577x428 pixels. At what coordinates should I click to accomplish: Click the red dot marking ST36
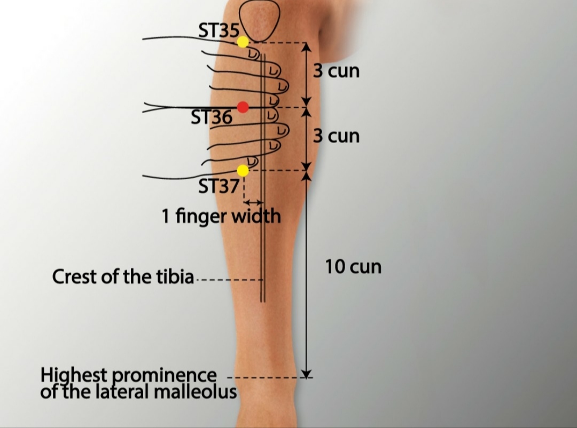(x=243, y=107)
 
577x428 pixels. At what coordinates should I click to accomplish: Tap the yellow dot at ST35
(x=243, y=42)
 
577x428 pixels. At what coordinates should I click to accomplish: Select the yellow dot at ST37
(x=243, y=171)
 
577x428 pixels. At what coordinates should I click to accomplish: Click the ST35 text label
(x=219, y=30)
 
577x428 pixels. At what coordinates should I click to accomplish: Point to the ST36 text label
(x=212, y=117)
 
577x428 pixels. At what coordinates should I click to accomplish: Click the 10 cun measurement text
(x=353, y=266)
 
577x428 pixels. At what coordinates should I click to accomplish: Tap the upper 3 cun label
(x=336, y=71)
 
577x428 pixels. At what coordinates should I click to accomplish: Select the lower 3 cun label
(x=336, y=136)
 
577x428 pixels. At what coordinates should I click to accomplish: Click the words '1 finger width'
(x=221, y=216)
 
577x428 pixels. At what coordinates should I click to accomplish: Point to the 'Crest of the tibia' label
(x=123, y=277)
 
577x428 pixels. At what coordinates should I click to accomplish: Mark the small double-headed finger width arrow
(x=252, y=202)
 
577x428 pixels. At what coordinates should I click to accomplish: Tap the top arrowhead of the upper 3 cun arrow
(x=306, y=47)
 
